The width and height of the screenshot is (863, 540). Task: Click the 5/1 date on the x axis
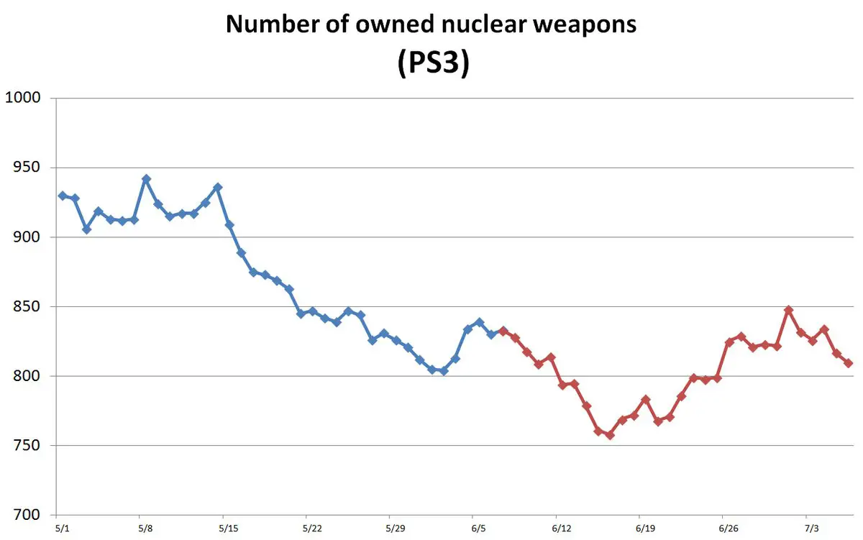pyautogui.click(x=63, y=528)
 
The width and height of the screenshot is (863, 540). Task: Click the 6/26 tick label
pyautogui.click(x=729, y=528)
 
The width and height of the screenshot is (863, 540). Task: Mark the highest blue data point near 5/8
pyautogui.click(x=146, y=178)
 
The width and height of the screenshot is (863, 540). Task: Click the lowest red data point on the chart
pyautogui.click(x=610, y=435)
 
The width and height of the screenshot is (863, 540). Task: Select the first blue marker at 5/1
pyautogui.click(x=63, y=196)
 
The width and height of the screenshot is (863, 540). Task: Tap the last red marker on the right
pyautogui.click(x=849, y=363)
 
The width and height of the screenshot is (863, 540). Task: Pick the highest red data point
pyautogui.click(x=789, y=310)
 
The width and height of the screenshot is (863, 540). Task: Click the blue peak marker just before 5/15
pyautogui.click(x=217, y=187)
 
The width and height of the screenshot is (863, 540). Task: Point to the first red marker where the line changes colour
pyautogui.click(x=503, y=331)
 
